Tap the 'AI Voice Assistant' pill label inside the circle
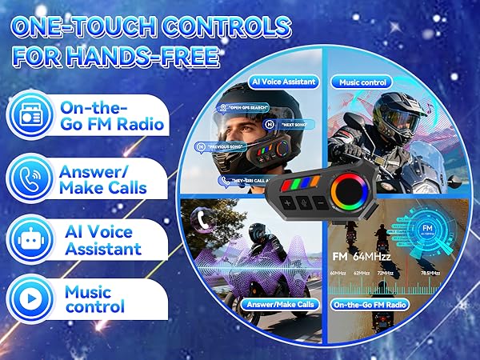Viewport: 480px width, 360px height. point(286,82)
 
